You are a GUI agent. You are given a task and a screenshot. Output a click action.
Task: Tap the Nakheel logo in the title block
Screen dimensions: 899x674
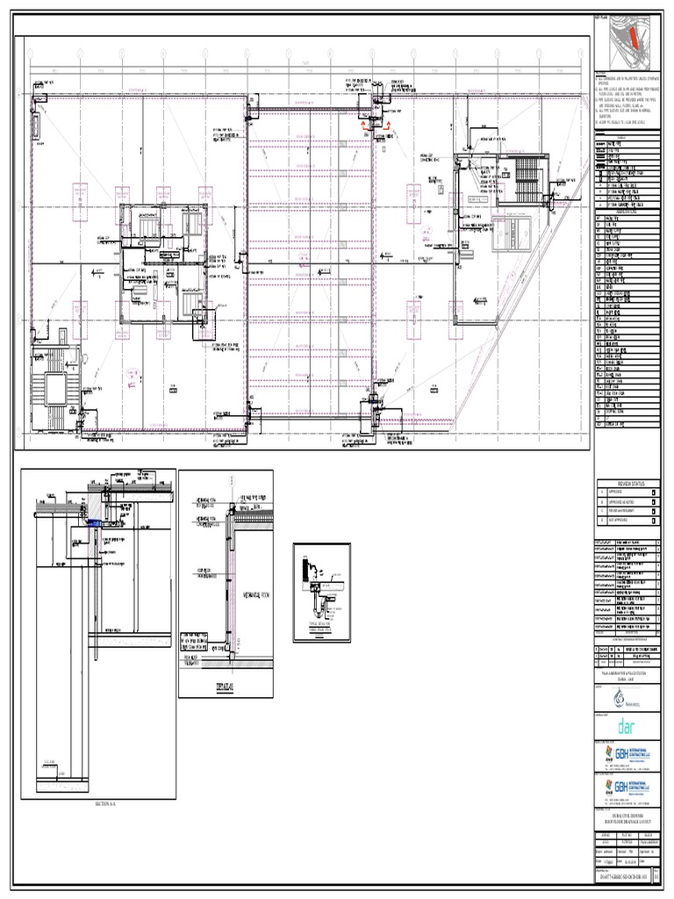point(627,697)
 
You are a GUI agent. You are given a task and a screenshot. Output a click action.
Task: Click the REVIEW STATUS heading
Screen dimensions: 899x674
point(628,483)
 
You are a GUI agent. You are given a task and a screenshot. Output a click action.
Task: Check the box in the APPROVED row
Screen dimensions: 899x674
point(654,493)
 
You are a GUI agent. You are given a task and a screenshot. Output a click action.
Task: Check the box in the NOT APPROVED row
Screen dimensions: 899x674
point(654,520)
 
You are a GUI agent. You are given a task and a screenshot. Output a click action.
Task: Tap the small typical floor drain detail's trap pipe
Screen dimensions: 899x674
point(324,606)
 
